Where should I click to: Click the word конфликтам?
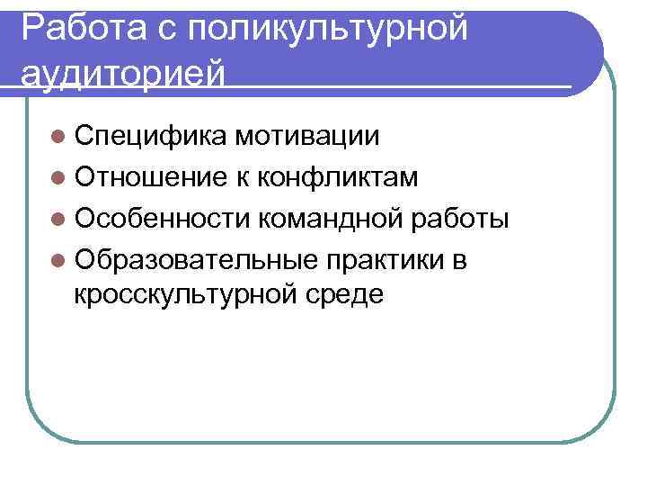(338, 176)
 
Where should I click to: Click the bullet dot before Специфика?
(59, 138)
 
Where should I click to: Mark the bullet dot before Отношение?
(59, 177)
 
